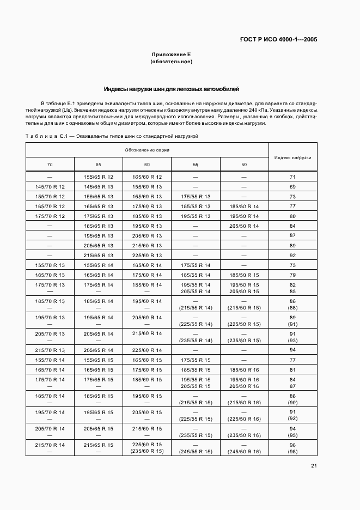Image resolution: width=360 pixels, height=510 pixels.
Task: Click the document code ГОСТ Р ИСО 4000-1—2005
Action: pos(278,39)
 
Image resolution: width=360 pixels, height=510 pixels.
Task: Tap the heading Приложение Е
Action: pos(171,54)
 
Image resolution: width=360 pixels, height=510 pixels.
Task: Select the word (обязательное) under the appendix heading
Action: pos(171,62)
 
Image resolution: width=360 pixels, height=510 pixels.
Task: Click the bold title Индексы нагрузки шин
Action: pos(171,89)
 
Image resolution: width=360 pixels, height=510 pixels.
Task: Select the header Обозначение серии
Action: pos(147,150)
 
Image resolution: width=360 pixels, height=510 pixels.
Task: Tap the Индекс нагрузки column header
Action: pos(292,157)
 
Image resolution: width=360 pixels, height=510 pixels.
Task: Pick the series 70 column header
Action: pos(50,164)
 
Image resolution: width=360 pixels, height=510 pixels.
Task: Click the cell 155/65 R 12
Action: pos(99,177)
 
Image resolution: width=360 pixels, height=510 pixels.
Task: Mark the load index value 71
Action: pos(292,177)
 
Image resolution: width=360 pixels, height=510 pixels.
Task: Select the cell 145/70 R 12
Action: pos(50,186)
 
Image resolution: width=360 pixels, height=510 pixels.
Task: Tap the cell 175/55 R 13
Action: pos(195,196)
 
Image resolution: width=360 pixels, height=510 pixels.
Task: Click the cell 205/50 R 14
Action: pos(244,226)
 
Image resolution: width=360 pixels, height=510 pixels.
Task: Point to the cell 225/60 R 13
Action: pos(147,255)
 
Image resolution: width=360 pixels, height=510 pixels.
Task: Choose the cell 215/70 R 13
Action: pos(50,350)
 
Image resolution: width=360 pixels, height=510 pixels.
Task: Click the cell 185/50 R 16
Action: pos(244,369)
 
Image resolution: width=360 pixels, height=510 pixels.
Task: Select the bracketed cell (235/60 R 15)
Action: pos(147,451)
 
